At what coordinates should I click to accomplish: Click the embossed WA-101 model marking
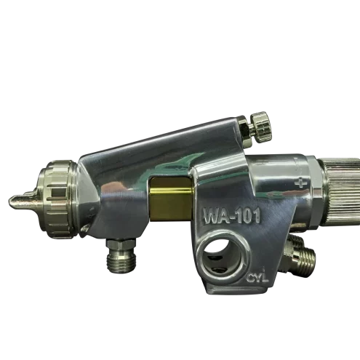click(x=232, y=216)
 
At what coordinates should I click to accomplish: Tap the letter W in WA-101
click(x=210, y=217)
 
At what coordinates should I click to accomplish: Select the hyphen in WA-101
click(x=233, y=217)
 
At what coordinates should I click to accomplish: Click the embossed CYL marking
click(x=257, y=278)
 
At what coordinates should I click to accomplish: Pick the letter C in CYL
click(x=250, y=279)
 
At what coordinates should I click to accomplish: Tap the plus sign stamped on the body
click(x=299, y=183)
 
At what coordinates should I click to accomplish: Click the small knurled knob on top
click(x=261, y=129)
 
